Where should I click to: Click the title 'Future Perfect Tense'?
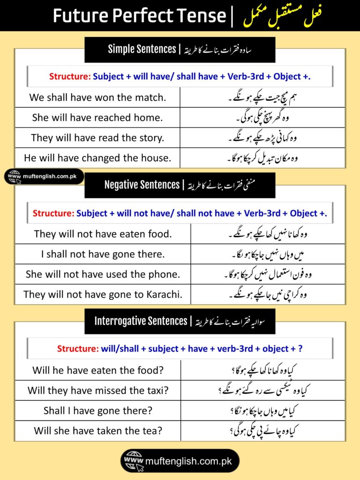coord(139,15)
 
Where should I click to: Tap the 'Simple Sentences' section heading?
coord(142,49)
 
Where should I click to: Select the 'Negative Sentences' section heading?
coord(142,185)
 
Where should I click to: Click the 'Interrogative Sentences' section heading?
coord(141,321)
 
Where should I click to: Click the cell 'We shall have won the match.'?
coord(97,97)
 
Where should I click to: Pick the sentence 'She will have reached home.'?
coord(97,118)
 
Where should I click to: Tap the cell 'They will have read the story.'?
coord(97,138)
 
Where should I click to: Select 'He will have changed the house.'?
coord(97,158)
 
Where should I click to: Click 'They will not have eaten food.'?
coord(103,233)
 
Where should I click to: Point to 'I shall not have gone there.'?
coord(103,254)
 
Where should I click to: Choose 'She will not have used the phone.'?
coord(103,274)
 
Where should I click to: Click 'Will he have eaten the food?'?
coord(97,370)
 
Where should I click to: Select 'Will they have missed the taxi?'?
coord(97,390)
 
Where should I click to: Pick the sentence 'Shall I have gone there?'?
coord(97,411)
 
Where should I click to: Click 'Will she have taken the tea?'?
coord(97,431)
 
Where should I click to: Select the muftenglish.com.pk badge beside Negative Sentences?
coord(45,177)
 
